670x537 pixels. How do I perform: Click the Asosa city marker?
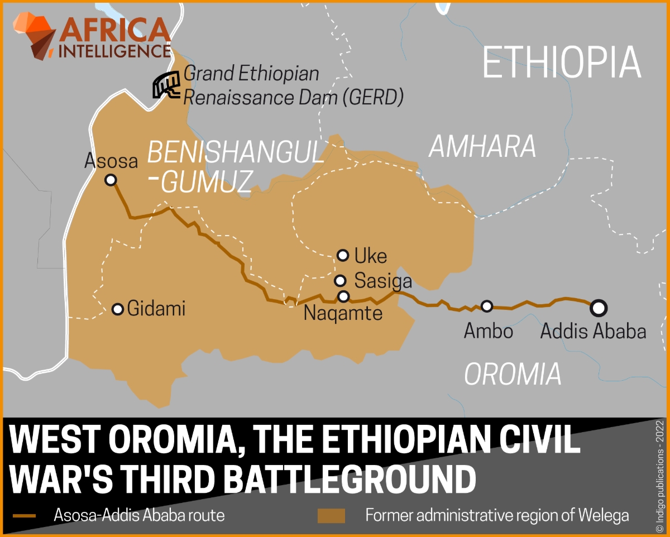[111, 180]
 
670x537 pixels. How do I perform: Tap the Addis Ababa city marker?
[599, 306]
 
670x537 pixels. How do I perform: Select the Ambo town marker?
[487, 306]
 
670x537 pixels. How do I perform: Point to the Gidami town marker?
[118, 309]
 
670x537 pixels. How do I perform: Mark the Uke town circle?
[343, 255]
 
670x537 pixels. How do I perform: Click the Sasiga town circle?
[340, 280]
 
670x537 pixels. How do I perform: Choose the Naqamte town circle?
[343, 296]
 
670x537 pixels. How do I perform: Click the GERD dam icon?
[167, 85]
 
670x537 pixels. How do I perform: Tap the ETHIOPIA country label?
[561, 63]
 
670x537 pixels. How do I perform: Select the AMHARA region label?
[482, 146]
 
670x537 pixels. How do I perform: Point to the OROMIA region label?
[513, 373]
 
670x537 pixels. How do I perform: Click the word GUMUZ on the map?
[207, 181]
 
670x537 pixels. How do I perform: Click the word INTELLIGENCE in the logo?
[114, 51]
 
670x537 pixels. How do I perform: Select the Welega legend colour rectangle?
[331, 515]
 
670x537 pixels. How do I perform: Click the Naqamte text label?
[343, 313]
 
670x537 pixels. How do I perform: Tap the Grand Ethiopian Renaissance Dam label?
[293, 85]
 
